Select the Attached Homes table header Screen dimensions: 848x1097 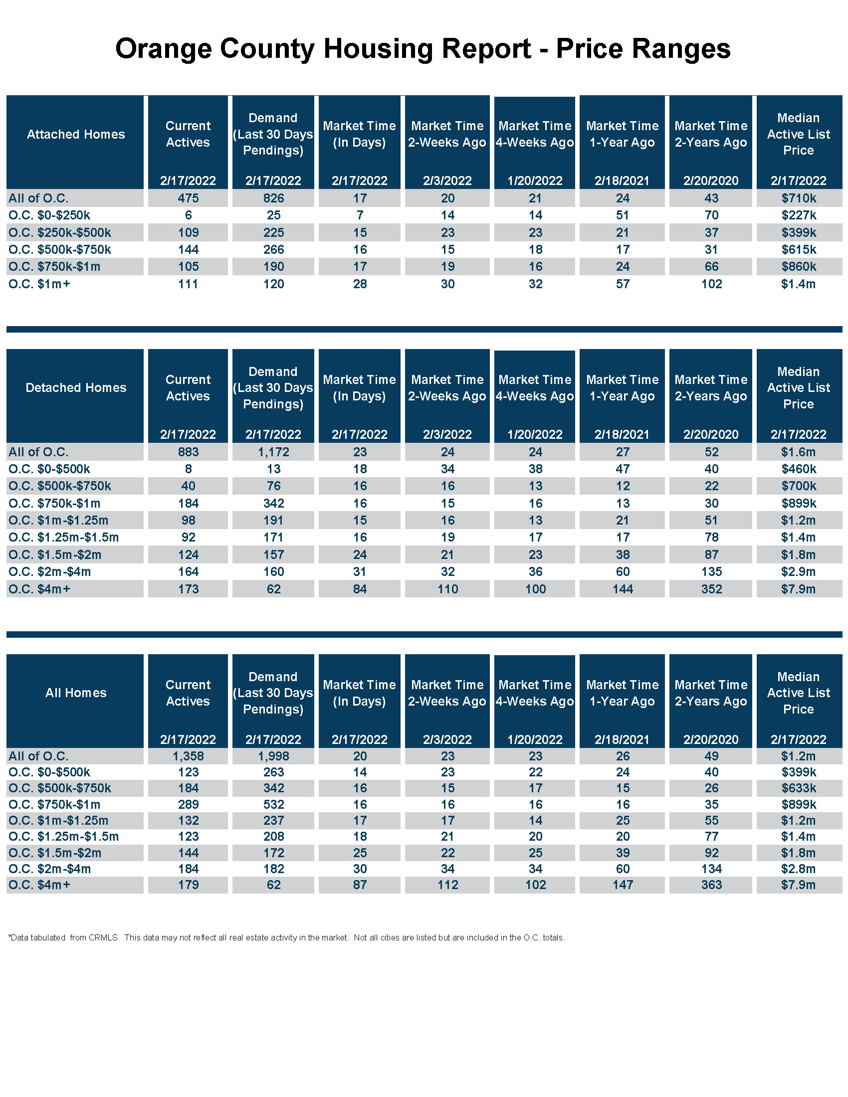pos(76,134)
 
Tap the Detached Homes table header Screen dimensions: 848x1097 pos(76,388)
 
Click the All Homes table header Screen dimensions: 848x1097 pos(76,693)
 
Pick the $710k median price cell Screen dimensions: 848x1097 pos(798,198)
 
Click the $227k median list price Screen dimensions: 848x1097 pos(798,215)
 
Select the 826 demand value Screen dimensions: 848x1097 pos(273,198)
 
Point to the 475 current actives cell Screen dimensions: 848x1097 pos(188,198)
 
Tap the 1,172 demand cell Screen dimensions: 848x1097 pos(273,452)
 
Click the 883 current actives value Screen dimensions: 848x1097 pos(188,452)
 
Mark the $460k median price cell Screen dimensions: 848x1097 pos(798,469)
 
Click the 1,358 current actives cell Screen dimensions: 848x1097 pos(188,756)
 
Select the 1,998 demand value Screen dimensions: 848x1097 pos(273,756)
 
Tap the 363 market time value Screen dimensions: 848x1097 pos(711,885)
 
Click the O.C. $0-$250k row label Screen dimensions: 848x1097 pos(49,215)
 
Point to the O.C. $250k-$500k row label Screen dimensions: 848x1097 pos(60,232)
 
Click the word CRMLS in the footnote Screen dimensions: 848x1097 pos(103,937)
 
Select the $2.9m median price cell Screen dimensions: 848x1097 pos(798,571)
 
